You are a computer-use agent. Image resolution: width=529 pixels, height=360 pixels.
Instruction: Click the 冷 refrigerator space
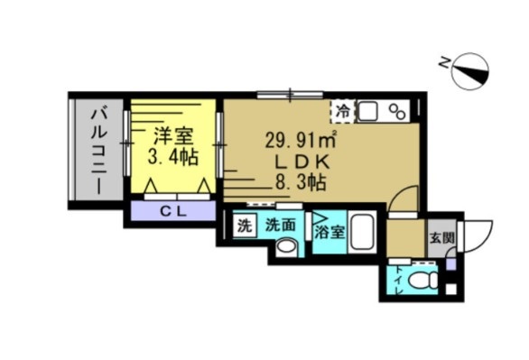(x=344, y=111)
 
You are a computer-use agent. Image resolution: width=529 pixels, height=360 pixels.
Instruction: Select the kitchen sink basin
(x=368, y=111)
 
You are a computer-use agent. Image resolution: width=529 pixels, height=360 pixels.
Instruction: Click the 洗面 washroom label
(x=279, y=226)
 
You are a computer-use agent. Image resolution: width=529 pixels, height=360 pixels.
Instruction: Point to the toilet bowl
(x=420, y=281)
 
